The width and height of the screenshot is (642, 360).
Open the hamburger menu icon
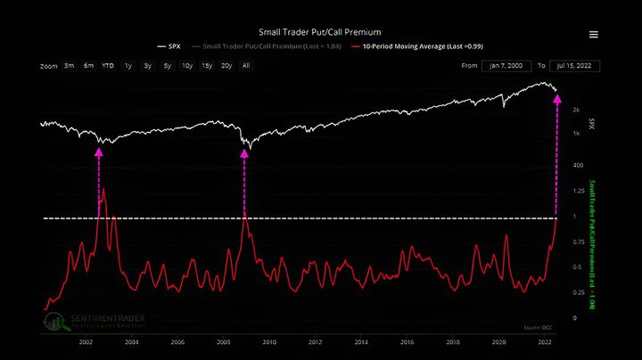(x=594, y=35)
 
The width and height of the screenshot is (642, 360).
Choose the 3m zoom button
(x=69, y=65)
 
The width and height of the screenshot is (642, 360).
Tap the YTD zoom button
(x=108, y=65)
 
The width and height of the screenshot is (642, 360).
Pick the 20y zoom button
(x=226, y=65)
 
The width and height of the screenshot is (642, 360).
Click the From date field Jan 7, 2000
(x=507, y=66)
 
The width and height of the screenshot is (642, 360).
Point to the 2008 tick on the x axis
(x=223, y=342)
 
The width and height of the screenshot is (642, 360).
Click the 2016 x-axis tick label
(x=407, y=342)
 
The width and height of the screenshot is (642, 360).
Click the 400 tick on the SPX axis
(x=578, y=165)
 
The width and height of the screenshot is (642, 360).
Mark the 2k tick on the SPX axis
(x=577, y=109)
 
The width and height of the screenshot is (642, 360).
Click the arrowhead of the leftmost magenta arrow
(x=99, y=152)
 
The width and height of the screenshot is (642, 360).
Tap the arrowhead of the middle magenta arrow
(x=243, y=152)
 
